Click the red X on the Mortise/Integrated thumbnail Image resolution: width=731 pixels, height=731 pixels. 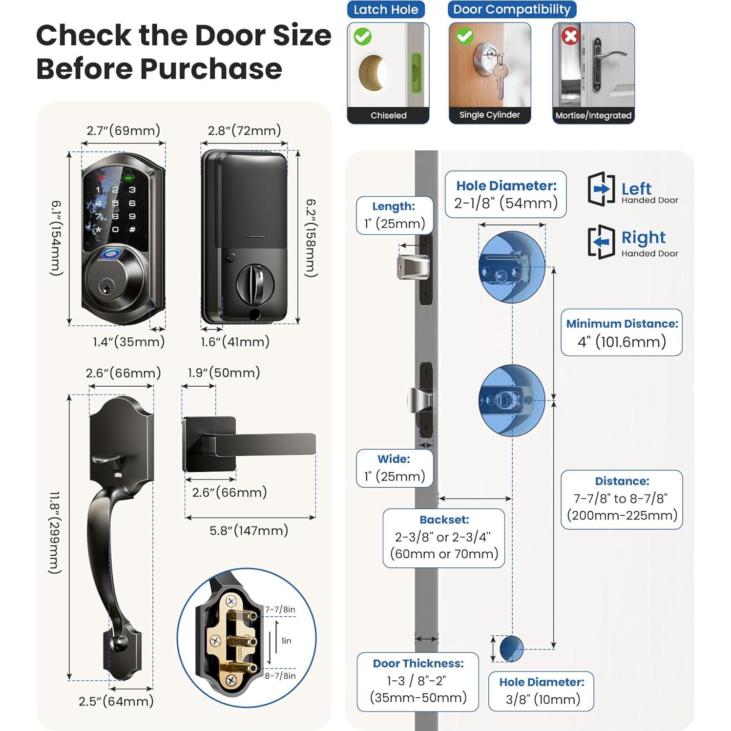pos(570,36)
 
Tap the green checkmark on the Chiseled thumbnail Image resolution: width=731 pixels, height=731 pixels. pos(363,37)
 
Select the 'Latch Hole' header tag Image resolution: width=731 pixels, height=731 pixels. pos(386,10)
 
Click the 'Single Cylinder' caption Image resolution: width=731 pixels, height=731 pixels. pos(489,115)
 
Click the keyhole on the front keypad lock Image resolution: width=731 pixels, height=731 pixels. pos(105,287)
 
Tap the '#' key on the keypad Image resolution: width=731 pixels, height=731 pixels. pos(132,229)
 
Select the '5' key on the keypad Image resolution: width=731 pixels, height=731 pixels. pos(115,203)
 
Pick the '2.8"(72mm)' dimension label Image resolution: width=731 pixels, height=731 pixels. pos(244,130)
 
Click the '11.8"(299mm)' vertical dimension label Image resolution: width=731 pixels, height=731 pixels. pos(55,532)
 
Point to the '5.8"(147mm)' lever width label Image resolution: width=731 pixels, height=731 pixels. pos(249,530)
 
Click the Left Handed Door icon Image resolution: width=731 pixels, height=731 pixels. pos(601,189)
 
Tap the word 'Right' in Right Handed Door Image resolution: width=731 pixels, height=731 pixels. pos(643,237)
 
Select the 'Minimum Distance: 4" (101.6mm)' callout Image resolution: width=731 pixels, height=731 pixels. pos(621,333)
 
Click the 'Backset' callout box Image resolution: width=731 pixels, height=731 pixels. pos(443,538)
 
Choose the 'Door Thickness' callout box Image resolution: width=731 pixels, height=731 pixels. pos(418,681)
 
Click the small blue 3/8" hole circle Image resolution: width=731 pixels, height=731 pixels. pos(511,648)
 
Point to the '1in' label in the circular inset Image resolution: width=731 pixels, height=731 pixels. pos(286,641)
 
